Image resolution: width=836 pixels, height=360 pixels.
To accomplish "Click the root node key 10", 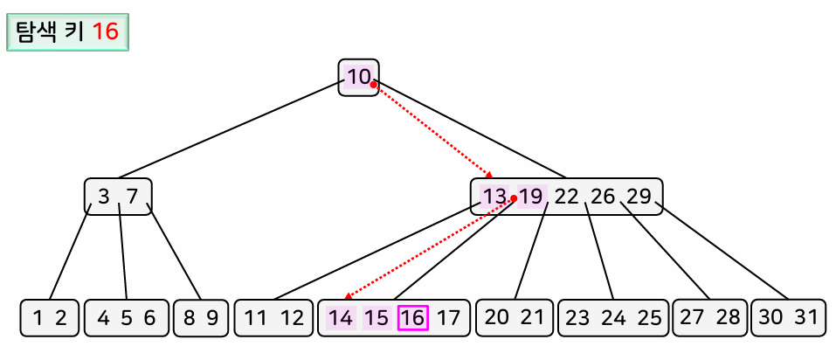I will click(x=359, y=77).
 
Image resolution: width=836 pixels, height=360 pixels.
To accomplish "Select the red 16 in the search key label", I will click(x=106, y=32).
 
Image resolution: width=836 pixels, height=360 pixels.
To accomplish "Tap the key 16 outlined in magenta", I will click(x=412, y=318).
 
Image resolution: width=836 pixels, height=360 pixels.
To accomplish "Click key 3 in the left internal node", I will click(x=104, y=197).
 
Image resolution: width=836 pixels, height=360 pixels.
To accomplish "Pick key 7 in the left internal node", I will click(x=133, y=197).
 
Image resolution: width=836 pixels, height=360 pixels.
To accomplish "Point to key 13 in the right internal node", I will click(x=494, y=197).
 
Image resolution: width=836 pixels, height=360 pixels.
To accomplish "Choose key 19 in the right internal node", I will click(x=530, y=197).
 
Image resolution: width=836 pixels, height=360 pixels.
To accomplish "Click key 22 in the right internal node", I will click(x=567, y=197).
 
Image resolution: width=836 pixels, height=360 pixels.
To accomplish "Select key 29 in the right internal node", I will click(x=639, y=197).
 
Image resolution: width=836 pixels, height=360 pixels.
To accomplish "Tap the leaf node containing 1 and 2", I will click(x=50, y=318).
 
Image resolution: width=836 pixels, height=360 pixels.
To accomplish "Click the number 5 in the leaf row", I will click(x=127, y=318).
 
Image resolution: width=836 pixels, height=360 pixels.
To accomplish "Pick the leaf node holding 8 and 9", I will click(x=201, y=318).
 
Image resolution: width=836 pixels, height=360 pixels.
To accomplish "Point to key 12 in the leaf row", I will click(x=292, y=318).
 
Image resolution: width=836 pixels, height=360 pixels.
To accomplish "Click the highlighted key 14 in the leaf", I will click(x=342, y=318).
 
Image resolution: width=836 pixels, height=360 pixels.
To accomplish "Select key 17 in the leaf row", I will click(x=448, y=318).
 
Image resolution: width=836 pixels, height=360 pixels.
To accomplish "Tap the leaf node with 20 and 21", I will click(x=514, y=318).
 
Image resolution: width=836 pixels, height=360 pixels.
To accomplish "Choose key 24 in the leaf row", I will click(x=614, y=318).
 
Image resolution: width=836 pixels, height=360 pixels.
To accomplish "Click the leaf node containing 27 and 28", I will click(x=709, y=318).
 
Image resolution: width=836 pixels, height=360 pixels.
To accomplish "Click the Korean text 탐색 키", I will click(x=50, y=32).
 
